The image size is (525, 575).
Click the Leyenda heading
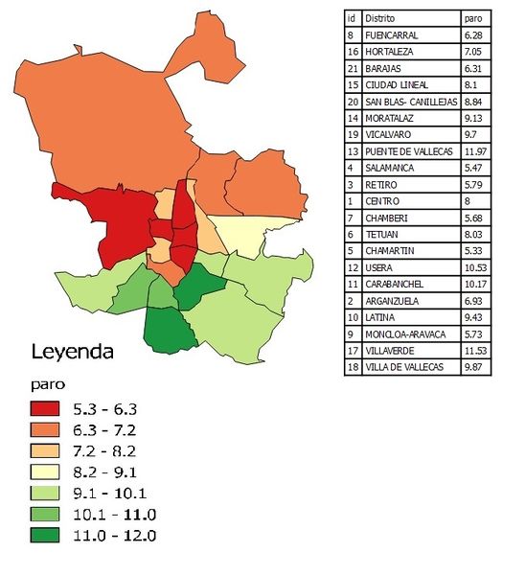(73, 352)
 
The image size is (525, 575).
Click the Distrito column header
(379, 18)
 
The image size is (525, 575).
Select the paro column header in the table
(473, 18)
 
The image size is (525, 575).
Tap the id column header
(352, 18)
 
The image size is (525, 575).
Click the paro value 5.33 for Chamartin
(473, 250)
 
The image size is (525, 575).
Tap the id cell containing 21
(353, 68)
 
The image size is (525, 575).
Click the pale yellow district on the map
(236, 235)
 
